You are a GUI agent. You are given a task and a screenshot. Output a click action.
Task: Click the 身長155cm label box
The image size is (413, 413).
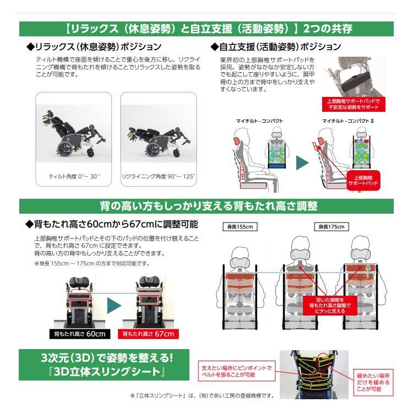[240, 227]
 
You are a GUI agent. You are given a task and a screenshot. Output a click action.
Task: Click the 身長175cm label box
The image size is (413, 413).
[332, 227]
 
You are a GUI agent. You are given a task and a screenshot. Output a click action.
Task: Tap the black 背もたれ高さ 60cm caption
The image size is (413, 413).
[80, 334]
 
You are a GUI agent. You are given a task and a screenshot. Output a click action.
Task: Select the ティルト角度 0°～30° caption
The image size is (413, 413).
[74, 176]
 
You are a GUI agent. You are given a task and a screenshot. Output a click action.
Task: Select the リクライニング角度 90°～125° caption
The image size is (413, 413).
[158, 176]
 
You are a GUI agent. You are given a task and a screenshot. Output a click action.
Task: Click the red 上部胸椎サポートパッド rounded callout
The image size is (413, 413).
[363, 181]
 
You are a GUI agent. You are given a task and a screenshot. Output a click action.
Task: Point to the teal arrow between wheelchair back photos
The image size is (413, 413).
[114, 306]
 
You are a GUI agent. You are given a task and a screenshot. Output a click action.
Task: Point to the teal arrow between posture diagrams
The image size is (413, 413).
[302, 163]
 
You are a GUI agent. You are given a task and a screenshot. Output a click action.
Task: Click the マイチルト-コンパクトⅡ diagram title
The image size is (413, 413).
[348, 121]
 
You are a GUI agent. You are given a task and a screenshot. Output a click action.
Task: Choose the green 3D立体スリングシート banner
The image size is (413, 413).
[104, 365]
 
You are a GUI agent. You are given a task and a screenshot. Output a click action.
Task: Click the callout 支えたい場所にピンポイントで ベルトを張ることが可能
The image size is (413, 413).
[237, 371]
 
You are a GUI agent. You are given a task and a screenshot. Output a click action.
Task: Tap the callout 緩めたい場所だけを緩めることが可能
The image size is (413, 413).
[373, 383]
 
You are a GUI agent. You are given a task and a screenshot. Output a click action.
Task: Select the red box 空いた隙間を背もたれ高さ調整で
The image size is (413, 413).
[330, 306]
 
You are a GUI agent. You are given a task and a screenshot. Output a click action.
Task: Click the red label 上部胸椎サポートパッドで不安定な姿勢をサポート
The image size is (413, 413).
[354, 104]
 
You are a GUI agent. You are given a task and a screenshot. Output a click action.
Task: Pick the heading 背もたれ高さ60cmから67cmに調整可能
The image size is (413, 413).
[112, 224]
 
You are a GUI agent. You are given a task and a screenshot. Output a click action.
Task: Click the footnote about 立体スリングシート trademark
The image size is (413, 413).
[202, 395]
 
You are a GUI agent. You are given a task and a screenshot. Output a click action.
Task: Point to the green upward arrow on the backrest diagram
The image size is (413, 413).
[368, 271]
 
